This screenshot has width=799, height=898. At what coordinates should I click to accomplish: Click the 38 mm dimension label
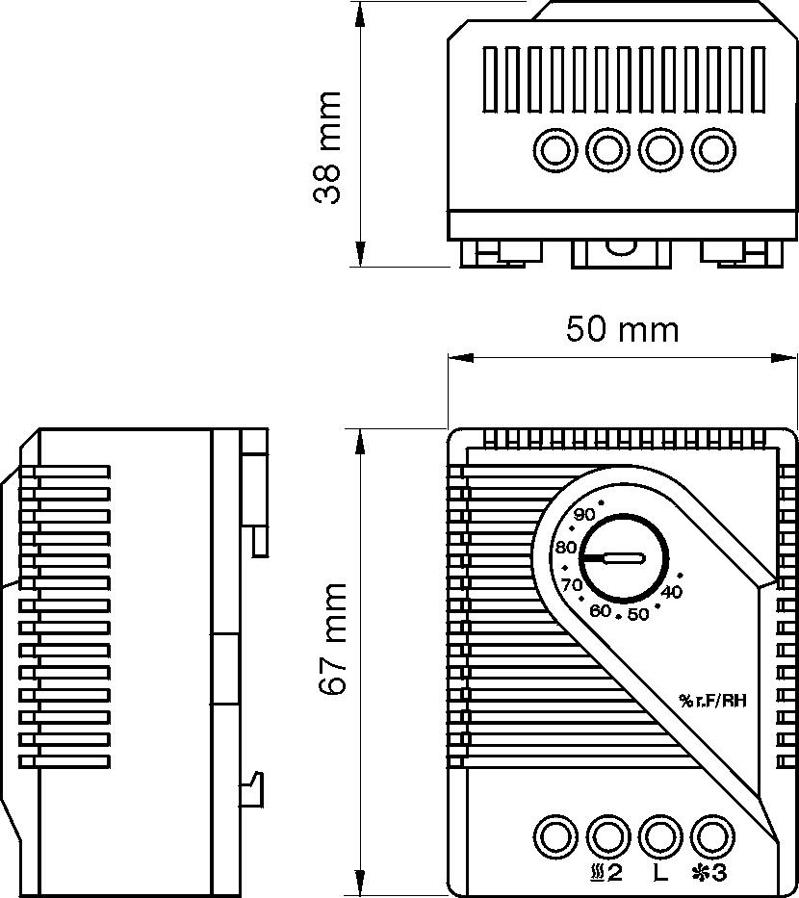coord(328,147)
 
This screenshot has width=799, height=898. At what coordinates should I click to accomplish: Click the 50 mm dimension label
coord(622,329)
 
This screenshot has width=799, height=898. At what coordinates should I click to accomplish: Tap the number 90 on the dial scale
coord(584,514)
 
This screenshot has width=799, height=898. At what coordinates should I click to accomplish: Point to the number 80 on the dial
coord(565,548)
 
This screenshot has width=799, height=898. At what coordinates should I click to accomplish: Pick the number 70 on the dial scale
coord(572,584)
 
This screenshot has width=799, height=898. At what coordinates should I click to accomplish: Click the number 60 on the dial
coord(601,610)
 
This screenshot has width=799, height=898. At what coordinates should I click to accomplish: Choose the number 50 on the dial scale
coord(637,615)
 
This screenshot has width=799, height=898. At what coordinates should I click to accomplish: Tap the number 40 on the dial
coord(672,591)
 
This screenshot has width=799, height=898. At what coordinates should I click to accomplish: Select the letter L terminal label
coord(659,874)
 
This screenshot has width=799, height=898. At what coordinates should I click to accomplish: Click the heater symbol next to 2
coord(596,874)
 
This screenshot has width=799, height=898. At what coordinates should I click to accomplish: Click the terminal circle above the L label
coord(659,834)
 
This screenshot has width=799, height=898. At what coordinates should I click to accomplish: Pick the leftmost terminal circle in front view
coord(554,834)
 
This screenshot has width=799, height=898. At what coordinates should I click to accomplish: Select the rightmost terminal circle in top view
coord(713,149)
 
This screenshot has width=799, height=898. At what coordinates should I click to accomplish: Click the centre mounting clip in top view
coord(621,252)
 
